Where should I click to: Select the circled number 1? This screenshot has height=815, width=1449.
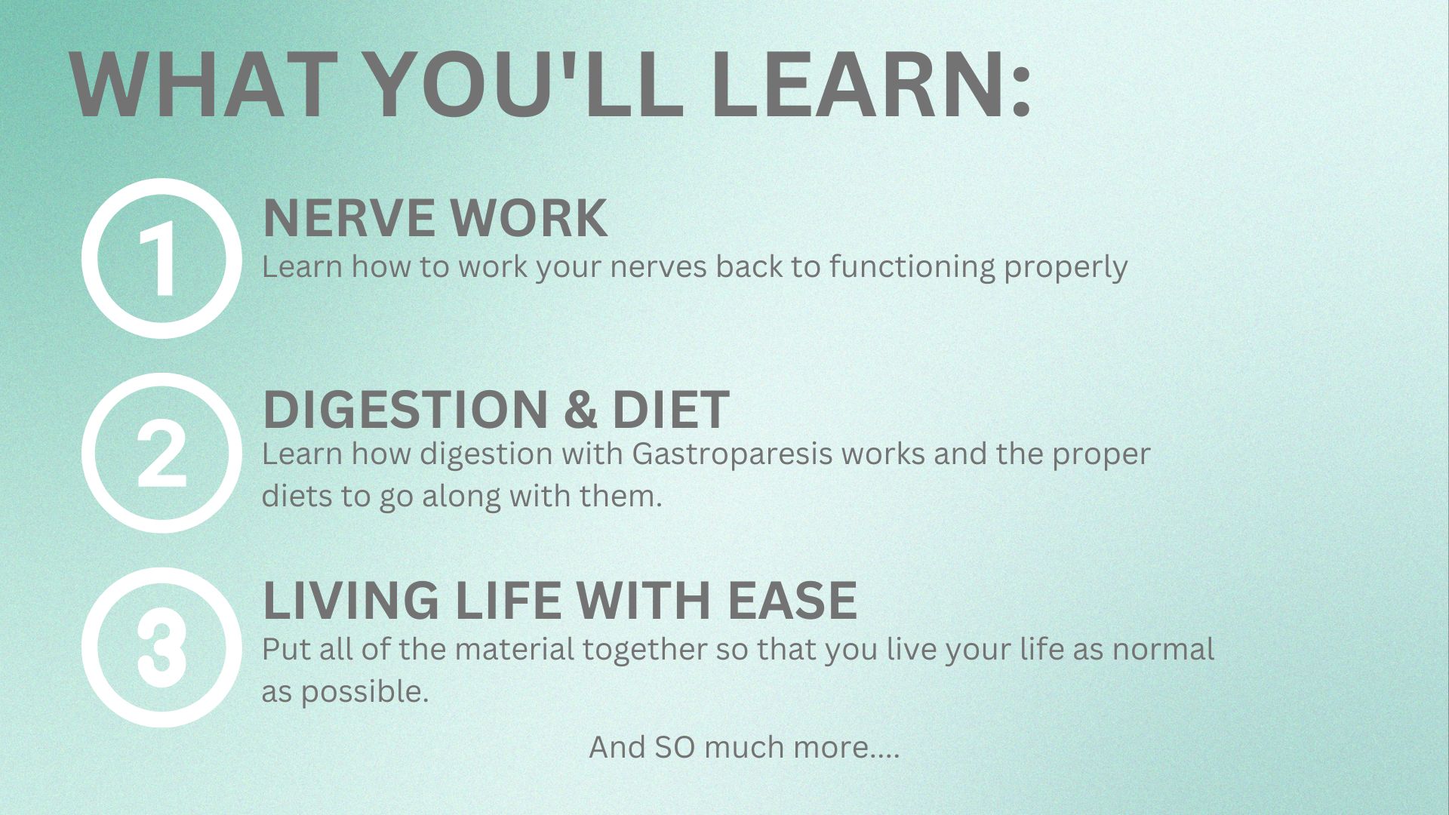click(162, 258)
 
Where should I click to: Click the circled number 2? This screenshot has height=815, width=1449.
click(162, 453)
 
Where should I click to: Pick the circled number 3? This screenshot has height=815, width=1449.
click(162, 647)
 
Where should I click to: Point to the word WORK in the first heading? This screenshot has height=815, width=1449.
click(529, 218)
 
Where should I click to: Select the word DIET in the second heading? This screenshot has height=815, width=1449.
click(670, 409)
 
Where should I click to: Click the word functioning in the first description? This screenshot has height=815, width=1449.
click(912, 266)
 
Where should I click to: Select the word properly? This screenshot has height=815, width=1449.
click(1066, 268)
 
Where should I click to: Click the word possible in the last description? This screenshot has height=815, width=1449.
click(365, 692)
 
